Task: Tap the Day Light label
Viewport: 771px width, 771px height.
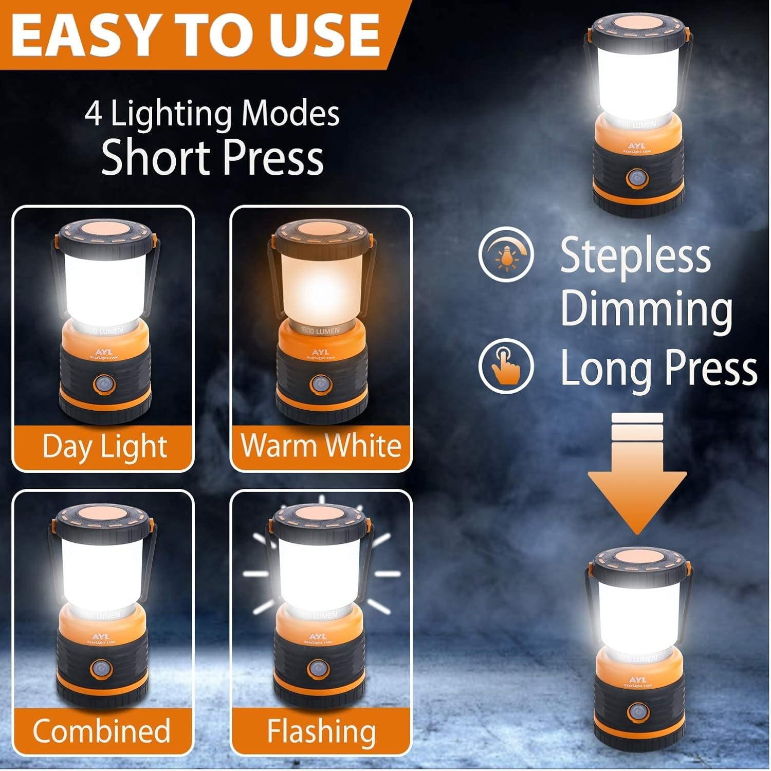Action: coord(104,446)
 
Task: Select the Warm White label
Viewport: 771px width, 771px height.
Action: coord(321,445)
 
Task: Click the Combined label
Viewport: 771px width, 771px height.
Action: coord(102,730)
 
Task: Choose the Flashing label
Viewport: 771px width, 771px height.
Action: coord(321,730)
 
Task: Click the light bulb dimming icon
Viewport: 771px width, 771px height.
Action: coord(506,254)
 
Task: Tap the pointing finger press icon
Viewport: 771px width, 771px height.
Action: coord(506,366)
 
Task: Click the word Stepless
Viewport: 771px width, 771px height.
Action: coord(635,255)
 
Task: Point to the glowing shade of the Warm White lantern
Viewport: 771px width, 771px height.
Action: coord(321,288)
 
